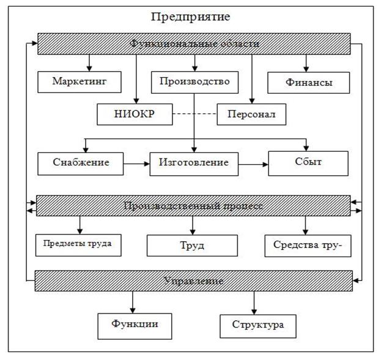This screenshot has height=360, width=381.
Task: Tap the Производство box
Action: click(x=194, y=81)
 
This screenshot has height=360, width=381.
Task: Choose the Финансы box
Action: click(x=308, y=82)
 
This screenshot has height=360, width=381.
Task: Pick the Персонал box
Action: click(x=251, y=114)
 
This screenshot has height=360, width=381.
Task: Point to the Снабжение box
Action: click(x=81, y=163)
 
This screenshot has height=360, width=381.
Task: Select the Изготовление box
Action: click(x=194, y=163)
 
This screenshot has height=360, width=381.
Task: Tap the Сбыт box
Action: click(x=308, y=163)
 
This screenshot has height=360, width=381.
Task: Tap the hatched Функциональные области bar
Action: click(x=195, y=43)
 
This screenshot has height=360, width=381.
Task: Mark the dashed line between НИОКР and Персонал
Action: click(x=194, y=114)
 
